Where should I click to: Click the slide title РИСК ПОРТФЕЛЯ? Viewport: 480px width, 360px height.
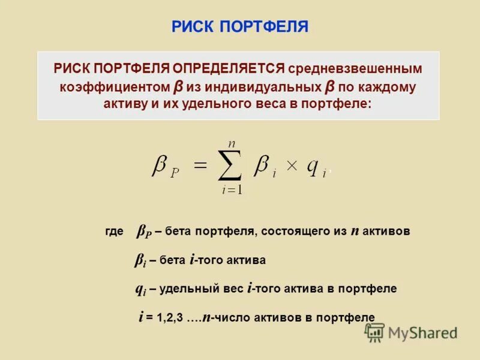pos(239,27)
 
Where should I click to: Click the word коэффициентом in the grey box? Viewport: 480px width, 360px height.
pos(115,87)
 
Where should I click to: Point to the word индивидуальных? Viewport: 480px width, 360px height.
pos(260,87)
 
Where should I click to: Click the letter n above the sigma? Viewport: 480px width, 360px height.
pos(230,143)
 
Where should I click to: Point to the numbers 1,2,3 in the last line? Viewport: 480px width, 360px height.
pos(169,318)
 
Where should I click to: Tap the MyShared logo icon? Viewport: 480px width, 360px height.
pos(375,332)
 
